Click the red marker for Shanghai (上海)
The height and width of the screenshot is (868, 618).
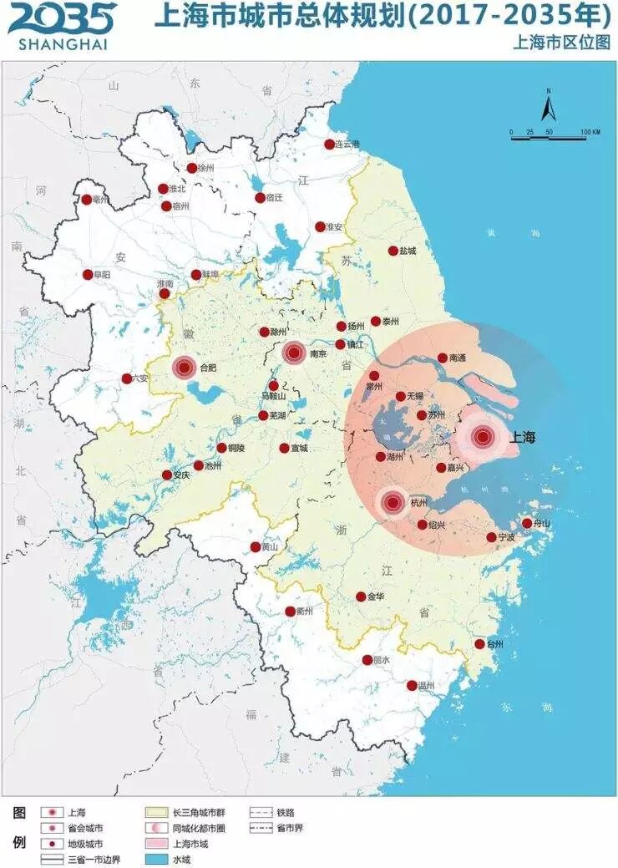[482, 436]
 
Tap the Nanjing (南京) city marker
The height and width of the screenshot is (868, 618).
[293, 353]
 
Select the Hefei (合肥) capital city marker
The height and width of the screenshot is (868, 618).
[185, 367]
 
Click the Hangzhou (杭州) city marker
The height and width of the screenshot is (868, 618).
[393, 503]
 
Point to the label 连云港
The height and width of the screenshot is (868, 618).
[347, 145]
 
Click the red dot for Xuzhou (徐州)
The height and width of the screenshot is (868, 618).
[192, 168]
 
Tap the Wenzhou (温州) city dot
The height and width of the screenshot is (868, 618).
[412, 685]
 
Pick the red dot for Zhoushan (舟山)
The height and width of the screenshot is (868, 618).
[527, 524]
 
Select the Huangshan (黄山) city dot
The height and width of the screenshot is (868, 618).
[256, 546]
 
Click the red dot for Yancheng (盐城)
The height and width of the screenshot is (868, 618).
[393, 251]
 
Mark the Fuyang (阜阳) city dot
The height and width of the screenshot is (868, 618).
[88, 275]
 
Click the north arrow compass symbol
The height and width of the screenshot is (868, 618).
[548, 107]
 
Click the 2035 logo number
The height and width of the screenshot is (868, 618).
[62, 18]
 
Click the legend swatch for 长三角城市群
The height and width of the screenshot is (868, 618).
[156, 811]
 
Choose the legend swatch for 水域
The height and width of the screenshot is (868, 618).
[156, 859]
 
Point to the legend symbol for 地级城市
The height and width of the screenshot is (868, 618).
[53, 843]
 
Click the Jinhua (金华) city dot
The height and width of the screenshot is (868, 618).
[361, 596]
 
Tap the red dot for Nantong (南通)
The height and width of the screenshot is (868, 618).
[443, 358]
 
